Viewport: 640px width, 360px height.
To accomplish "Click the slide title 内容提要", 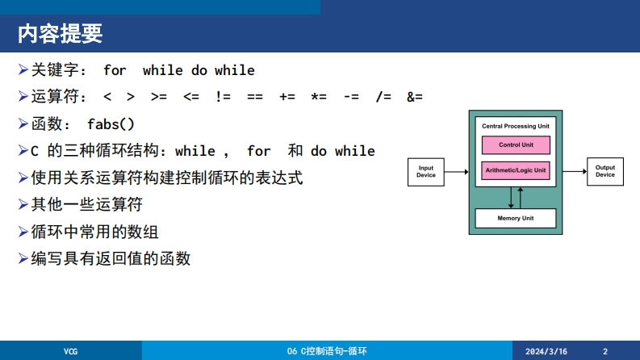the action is click(60, 33).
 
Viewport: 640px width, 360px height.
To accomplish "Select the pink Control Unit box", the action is click(516, 145).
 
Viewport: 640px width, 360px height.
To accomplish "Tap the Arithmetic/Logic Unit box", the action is click(516, 170).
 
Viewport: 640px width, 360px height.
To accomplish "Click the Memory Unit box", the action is click(516, 219).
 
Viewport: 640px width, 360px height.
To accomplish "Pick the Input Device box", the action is click(425, 172).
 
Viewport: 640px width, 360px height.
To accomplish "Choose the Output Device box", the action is click(605, 171).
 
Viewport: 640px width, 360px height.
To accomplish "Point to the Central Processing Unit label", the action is click(516, 126).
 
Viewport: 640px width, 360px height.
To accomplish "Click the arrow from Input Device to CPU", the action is click(456, 172).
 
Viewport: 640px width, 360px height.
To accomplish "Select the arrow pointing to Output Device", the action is click(575, 171).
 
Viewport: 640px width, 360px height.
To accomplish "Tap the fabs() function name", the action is click(111, 124).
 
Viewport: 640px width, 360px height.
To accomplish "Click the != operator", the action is click(223, 97).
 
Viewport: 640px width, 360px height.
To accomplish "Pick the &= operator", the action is click(415, 97).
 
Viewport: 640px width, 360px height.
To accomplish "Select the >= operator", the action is click(159, 97).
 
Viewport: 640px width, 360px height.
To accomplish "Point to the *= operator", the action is click(319, 97).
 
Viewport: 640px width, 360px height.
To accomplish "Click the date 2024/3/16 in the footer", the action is click(546, 351).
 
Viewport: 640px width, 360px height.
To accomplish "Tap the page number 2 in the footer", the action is click(605, 351).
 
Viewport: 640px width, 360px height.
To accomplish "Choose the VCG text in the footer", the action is click(70, 351).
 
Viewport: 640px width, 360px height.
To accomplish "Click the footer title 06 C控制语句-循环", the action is click(327, 351).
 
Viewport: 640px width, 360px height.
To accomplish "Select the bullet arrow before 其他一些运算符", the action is click(23, 204).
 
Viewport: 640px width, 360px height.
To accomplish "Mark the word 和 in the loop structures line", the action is click(295, 151).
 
